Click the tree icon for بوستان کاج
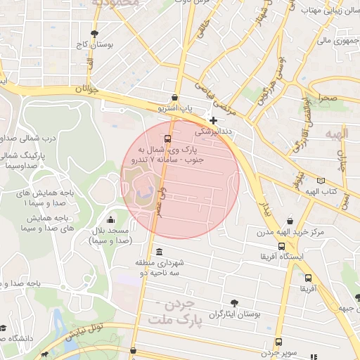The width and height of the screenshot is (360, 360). click(x=95, y=33)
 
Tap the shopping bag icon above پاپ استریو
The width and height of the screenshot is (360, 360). click(x=174, y=97)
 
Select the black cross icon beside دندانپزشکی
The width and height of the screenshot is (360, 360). click(x=214, y=121)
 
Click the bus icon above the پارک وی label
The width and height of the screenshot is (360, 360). click(x=167, y=139)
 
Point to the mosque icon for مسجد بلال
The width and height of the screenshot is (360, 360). click(x=109, y=219)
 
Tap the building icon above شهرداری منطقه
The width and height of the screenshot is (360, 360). click(x=160, y=252)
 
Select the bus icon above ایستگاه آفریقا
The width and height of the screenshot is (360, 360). click(x=282, y=246)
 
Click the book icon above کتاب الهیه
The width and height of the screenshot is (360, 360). click(x=321, y=180)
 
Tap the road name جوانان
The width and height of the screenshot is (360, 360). click(x=79, y=90)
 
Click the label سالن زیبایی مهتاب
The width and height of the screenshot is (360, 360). click(x=326, y=11)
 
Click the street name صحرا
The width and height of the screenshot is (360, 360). click(x=328, y=98)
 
